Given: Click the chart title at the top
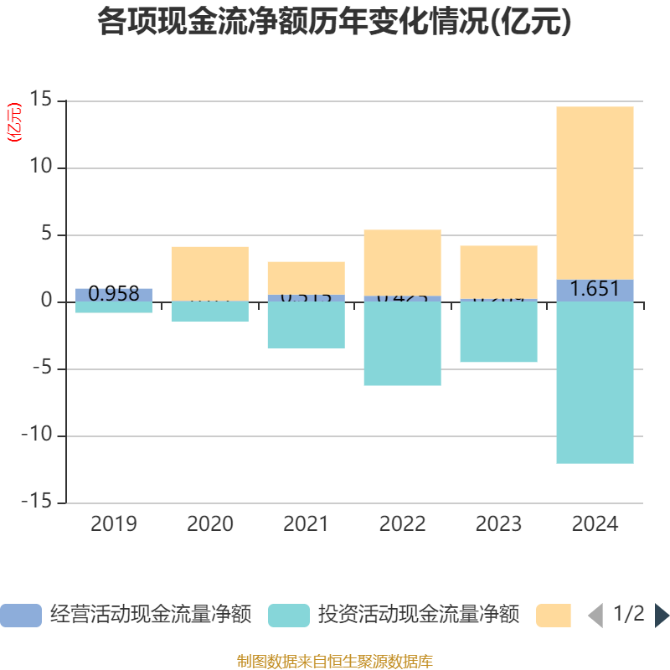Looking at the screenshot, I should click(334, 22).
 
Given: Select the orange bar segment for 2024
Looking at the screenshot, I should click(595, 193).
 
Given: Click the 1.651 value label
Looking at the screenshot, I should click(595, 290).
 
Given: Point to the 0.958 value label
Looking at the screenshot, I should click(114, 294).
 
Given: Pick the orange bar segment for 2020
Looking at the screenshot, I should click(209, 273).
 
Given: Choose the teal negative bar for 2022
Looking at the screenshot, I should click(402, 343).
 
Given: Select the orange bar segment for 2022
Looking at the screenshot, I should click(402, 262).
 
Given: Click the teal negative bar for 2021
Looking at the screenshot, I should click(306, 325).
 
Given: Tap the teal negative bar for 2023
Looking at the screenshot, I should click(498, 332).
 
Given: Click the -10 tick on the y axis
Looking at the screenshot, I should click(37, 435).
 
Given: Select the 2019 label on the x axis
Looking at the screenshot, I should click(114, 524).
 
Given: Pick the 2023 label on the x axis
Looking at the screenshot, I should click(498, 524).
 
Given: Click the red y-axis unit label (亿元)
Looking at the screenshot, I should click(14, 122).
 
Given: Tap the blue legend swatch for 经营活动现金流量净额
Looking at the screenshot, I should click(20, 615).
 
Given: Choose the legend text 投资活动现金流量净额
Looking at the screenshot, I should click(418, 615).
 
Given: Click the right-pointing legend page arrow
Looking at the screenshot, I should click(662, 616).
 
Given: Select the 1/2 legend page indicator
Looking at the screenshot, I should click(628, 615).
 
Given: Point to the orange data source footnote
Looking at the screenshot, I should click(334, 661).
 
